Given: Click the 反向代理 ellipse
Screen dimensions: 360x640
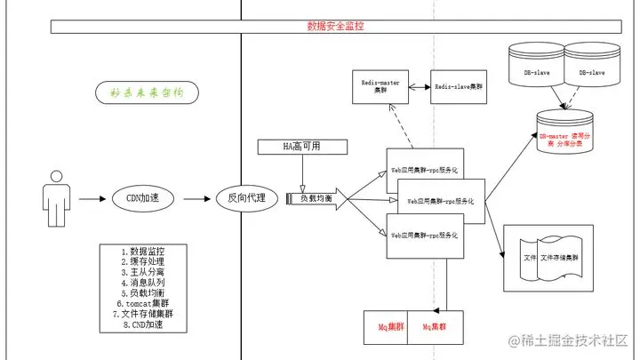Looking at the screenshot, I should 247,197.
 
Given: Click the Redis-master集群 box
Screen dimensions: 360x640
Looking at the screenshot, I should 381,86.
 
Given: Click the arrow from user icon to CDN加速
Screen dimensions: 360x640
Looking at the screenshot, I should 92,197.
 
